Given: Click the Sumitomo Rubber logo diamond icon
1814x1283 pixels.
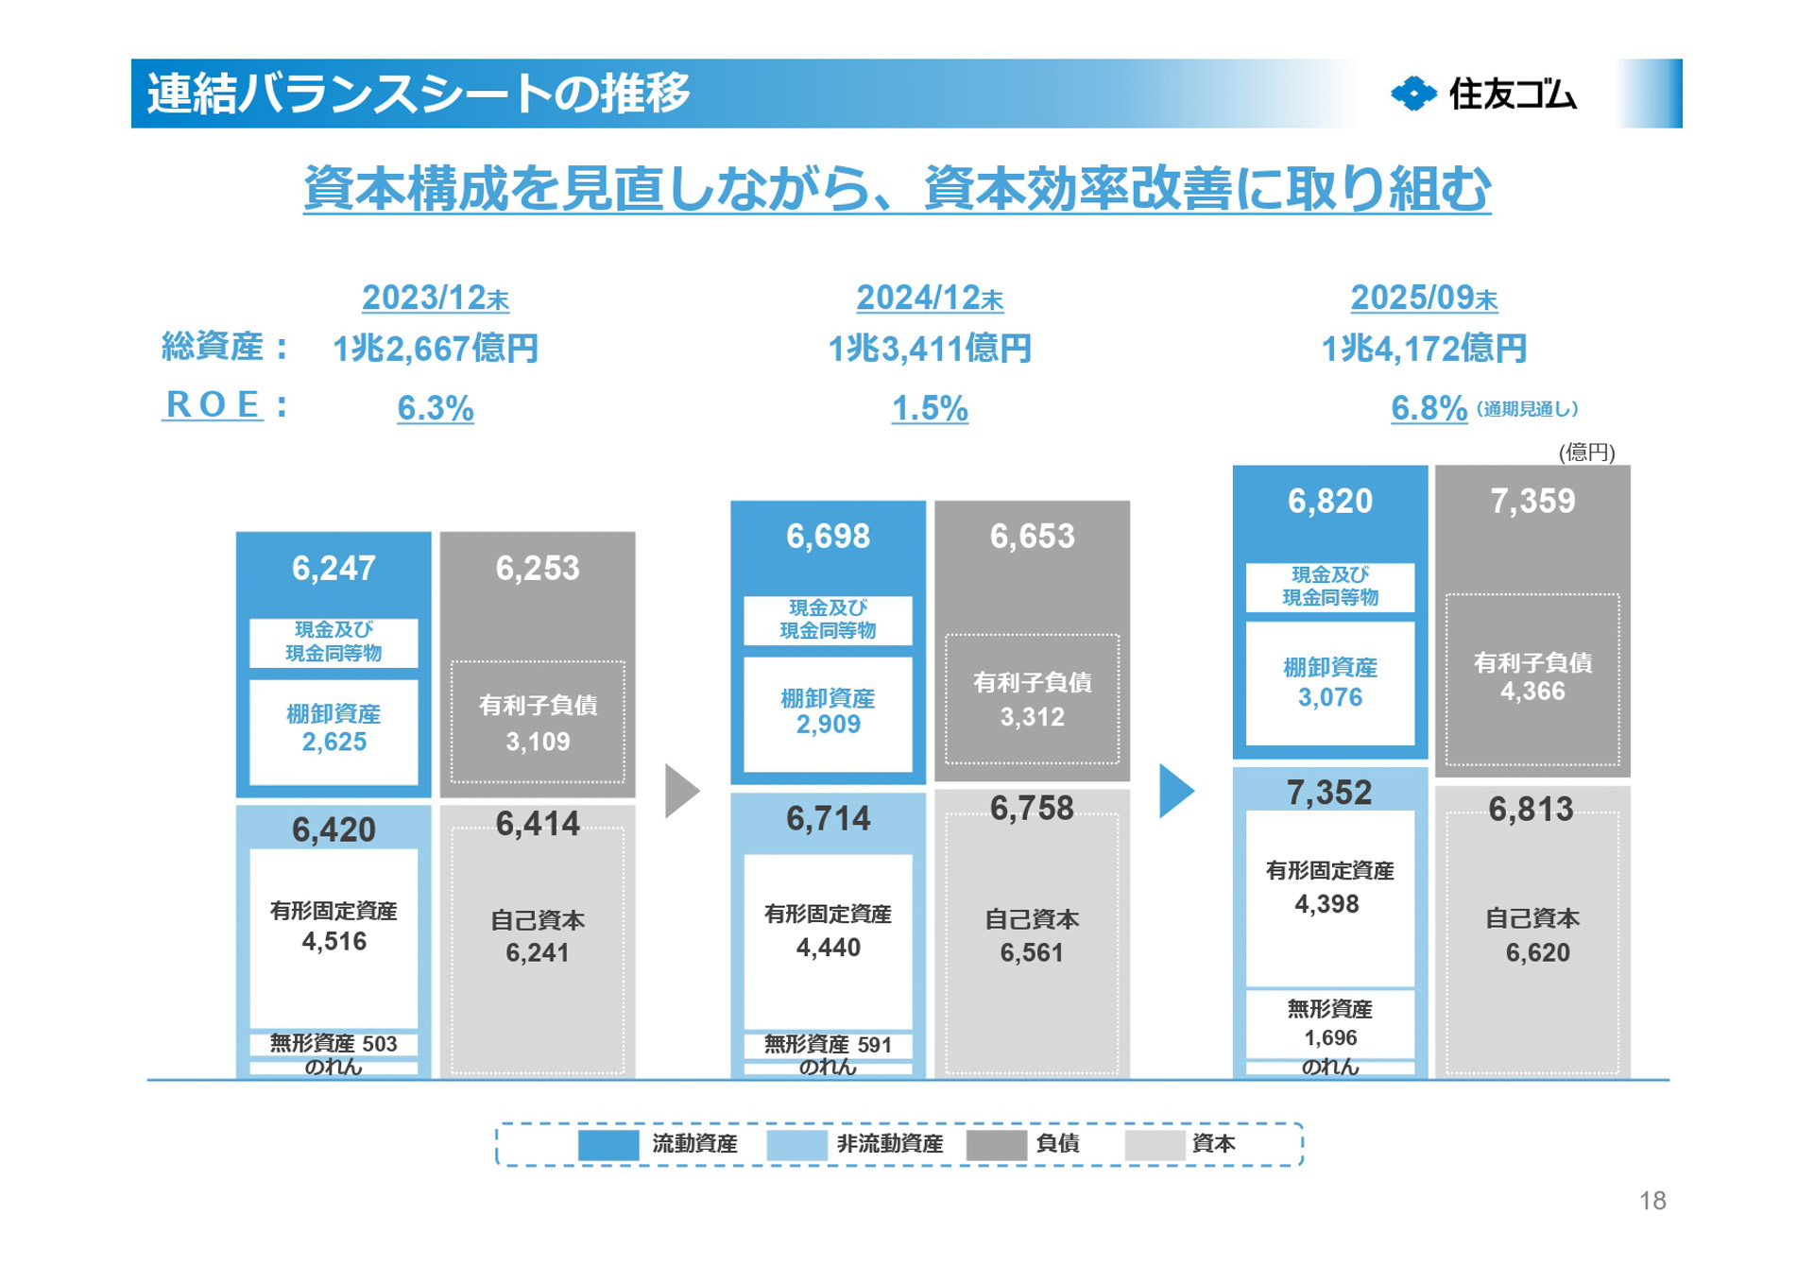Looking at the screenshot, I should (x=1413, y=94).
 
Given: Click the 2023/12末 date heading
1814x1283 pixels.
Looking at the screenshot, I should (x=436, y=299).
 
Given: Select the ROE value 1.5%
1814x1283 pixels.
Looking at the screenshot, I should (x=930, y=408).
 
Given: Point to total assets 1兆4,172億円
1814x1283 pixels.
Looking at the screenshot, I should (x=1424, y=349).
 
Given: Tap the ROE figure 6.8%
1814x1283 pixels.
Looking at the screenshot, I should (x=1429, y=408).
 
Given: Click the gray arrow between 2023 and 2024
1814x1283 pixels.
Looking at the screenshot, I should (x=681, y=791).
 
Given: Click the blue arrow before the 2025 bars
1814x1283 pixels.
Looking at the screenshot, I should (x=1175, y=791).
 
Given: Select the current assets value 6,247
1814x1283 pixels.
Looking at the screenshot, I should (x=334, y=568).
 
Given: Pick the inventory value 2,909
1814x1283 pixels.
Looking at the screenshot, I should (x=828, y=725).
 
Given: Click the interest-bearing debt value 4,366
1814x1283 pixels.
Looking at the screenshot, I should (x=1532, y=692).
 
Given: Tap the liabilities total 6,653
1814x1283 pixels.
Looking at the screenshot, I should (x=1032, y=537).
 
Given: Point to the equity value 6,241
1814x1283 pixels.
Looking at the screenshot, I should (x=537, y=952).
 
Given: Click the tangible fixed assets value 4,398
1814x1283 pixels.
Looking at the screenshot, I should (x=1326, y=904).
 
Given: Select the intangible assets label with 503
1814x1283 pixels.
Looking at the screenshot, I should (x=334, y=1044).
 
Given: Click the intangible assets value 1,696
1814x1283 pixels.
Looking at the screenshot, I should (x=1330, y=1038).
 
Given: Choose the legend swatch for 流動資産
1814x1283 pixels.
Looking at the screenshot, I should (x=608, y=1145).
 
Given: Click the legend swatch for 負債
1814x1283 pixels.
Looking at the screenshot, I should (x=996, y=1145).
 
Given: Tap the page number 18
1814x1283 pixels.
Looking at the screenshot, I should (x=1652, y=1201).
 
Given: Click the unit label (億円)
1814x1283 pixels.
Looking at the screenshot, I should (x=1586, y=453).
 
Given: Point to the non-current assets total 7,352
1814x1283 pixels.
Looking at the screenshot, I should (x=1328, y=793).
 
